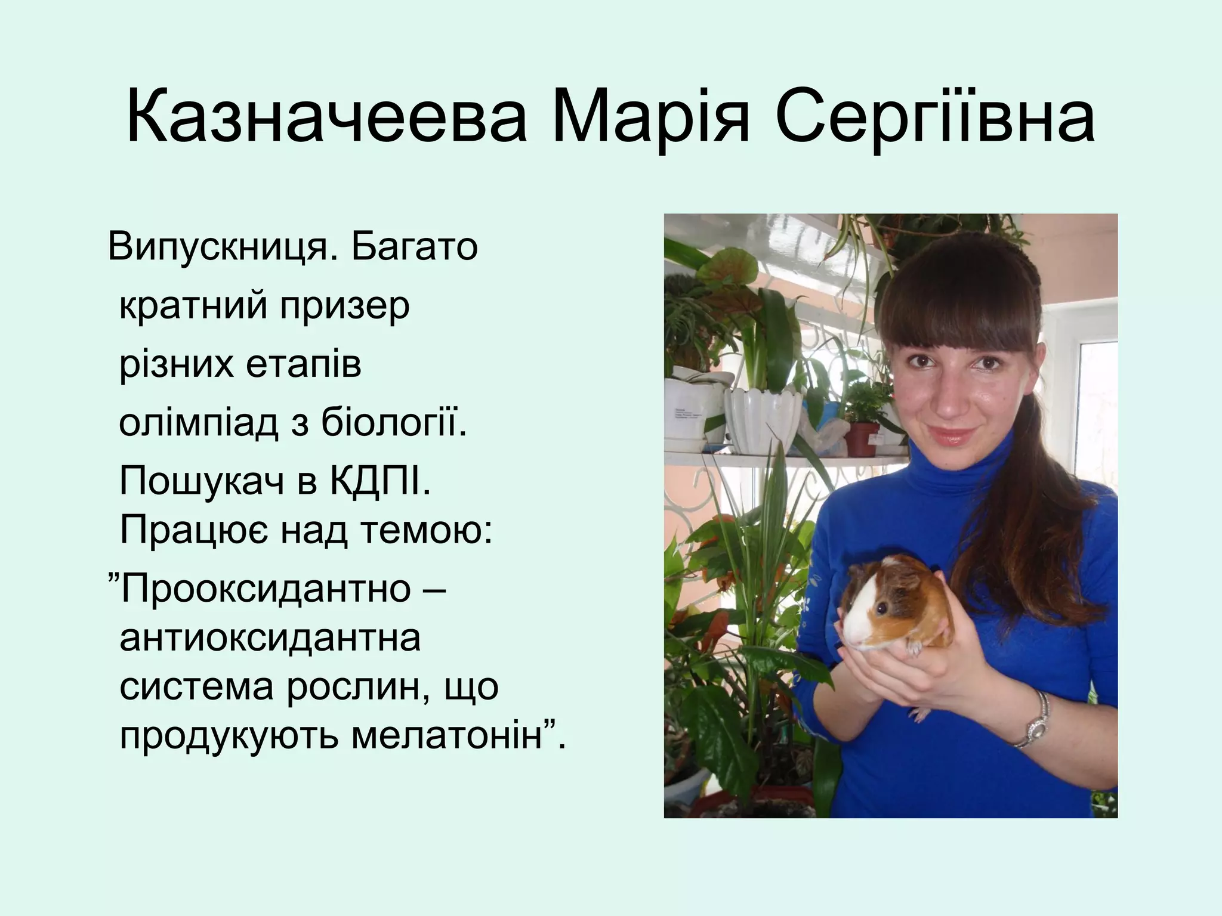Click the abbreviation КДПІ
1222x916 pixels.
[379, 482]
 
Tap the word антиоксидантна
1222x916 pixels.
[270, 638]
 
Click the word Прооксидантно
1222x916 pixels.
[266, 589]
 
